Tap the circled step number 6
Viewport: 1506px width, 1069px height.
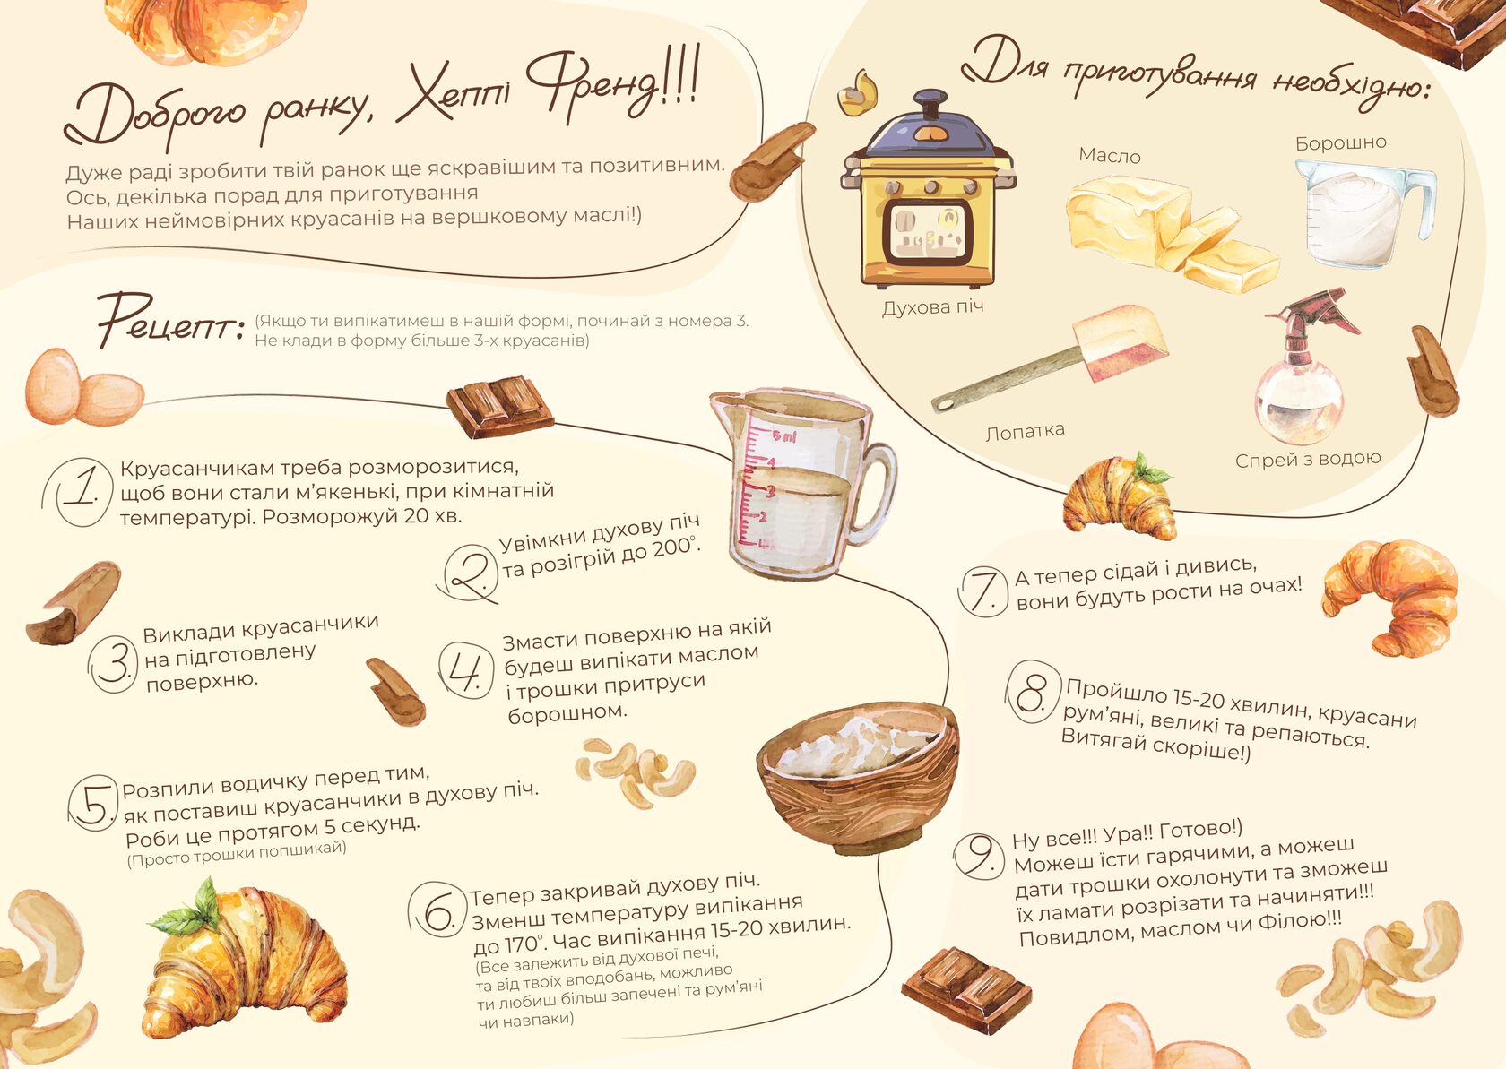click(437, 910)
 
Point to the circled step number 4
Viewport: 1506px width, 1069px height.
click(466, 670)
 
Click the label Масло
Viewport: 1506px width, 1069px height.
click(1110, 156)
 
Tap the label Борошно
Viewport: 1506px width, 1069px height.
click(1341, 143)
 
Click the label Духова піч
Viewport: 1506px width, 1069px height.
click(932, 307)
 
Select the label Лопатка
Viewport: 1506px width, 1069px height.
click(1026, 431)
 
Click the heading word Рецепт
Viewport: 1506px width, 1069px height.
click(170, 321)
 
